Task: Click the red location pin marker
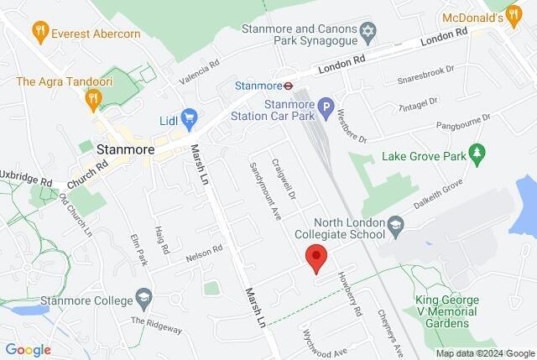[x=315, y=257]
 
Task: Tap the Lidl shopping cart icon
[x=190, y=117]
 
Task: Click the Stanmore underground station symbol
[x=287, y=85]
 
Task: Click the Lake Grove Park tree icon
[x=477, y=154]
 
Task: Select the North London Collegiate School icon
[x=399, y=224]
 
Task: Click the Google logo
[x=28, y=350]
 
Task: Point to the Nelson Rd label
[x=205, y=248]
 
